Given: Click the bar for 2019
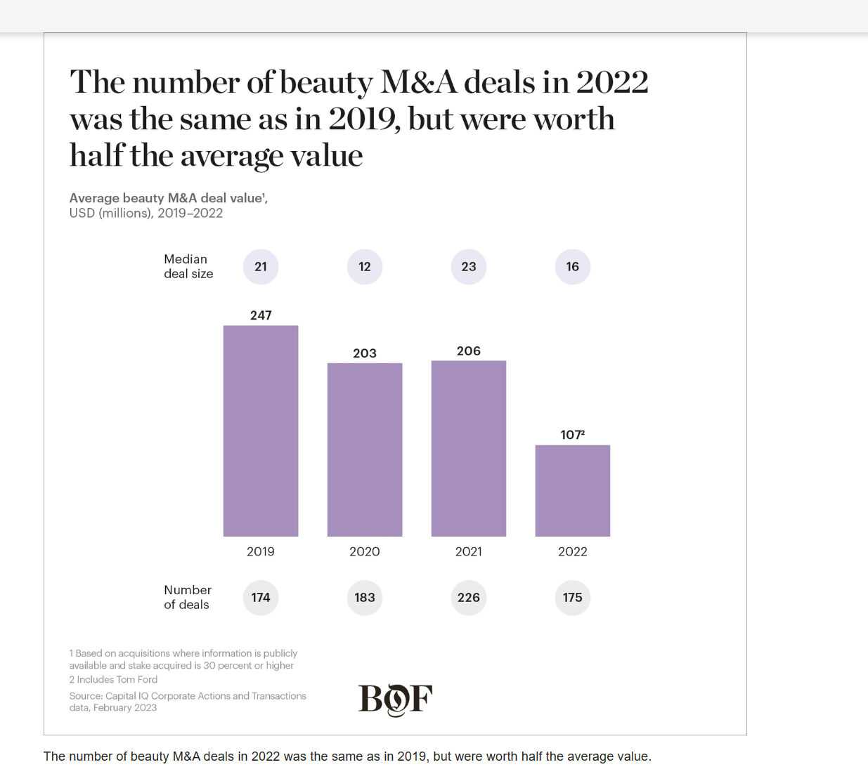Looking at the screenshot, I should [x=261, y=431].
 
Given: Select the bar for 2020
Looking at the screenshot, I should [x=365, y=450].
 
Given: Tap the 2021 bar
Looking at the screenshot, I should [x=469, y=448].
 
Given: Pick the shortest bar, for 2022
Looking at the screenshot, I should [x=573, y=490].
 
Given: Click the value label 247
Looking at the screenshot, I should [x=261, y=315].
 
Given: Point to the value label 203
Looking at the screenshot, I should [x=365, y=353].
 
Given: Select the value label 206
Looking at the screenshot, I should [x=469, y=351].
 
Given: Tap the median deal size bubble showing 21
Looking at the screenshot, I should [x=261, y=267].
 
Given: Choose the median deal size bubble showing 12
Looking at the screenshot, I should [x=365, y=267].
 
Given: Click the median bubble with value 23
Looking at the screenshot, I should [x=469, y=267].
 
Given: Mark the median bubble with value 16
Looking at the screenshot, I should [x=573, y=267].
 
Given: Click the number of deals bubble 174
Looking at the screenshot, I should [x=261, y=598].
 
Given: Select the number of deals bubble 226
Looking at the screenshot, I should [x=469, y=598].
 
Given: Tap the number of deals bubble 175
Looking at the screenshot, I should [x=573, y=598].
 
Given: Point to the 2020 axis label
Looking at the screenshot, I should [x=365, y=551].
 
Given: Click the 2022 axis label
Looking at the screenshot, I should [x=573, y=551].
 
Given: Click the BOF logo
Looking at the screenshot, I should [x=395, y=700].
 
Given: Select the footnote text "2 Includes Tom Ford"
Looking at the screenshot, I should [x=113, y=679].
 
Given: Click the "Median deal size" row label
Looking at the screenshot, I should [x=188, y=267].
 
